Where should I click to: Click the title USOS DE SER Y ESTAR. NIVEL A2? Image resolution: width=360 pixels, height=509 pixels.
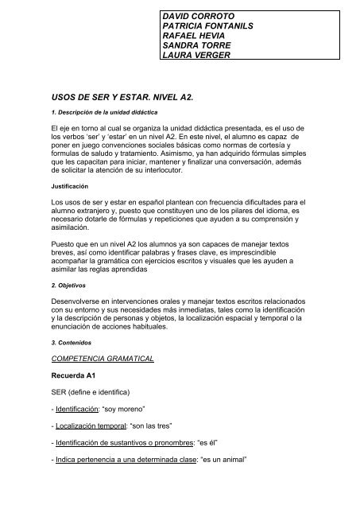pyautogui.click(x=114, y=93)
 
